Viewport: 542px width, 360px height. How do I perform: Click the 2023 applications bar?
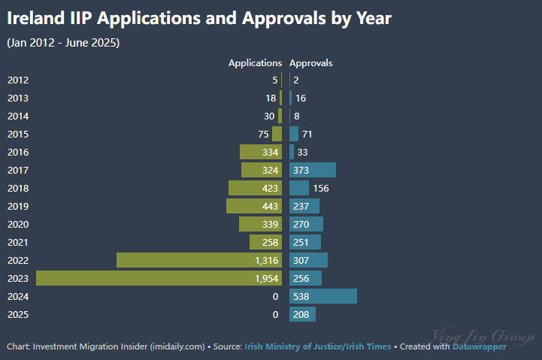pos(159,278)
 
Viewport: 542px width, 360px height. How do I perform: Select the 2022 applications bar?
pos(199,260)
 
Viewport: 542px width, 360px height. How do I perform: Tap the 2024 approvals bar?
pos(323,296)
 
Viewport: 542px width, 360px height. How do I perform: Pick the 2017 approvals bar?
pos(313,170)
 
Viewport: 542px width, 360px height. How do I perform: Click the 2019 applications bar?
pos(254,206)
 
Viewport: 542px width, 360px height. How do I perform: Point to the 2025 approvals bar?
pos(302,314)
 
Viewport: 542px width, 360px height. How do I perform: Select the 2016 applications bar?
pos(261,152)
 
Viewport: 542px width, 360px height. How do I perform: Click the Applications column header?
pos(255,63)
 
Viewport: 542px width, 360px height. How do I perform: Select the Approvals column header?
pos(310,63)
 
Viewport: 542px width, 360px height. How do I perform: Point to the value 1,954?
pos(267,278)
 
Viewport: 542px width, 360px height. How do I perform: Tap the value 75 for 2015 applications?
pos(263,134)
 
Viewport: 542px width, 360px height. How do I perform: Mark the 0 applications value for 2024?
pos(275,296)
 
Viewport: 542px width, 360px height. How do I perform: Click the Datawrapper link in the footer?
pos(479,346)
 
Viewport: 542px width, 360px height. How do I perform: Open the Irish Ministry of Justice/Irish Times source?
pos(317,346)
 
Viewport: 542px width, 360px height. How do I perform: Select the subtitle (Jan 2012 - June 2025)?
pos(63,42)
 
